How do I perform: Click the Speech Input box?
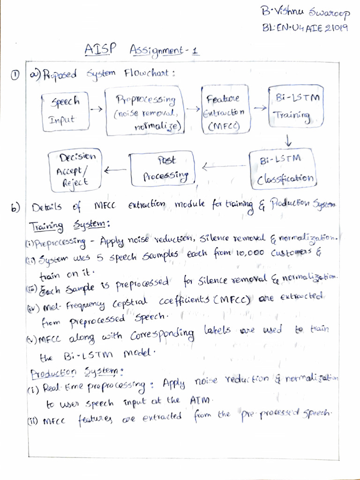coord(66,112)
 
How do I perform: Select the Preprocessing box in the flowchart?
coord(146,111)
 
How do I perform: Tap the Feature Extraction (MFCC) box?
coord(226,109)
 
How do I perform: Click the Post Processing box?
coord(163,168)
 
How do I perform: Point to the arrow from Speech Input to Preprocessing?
coord(96,108)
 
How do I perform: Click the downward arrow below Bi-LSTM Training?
coord(288,140)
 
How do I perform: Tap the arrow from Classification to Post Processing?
coord(225,166)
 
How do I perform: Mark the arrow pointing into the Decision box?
coord(115,170)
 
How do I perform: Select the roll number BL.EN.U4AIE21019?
coord(305,28)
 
